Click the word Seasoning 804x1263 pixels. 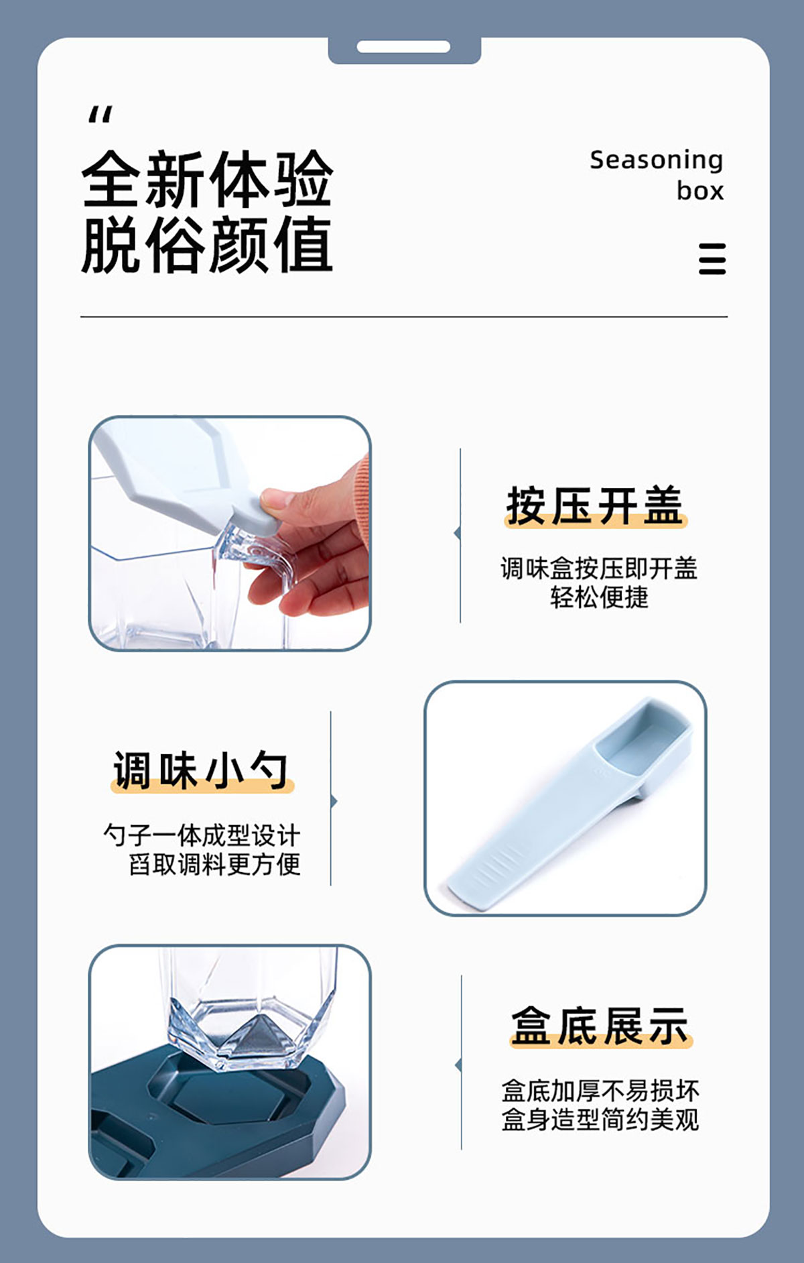tap(656, 161)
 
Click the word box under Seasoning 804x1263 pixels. tap(700, 191)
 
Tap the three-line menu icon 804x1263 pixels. tap(712, 259)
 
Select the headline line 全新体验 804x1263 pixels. tap(207, 179)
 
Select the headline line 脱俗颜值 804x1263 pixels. tap(207, 244)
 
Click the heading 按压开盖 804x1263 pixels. tap(595, 505)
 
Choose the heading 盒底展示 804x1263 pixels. tap(600, 1026)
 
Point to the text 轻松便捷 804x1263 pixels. tap(600, 597)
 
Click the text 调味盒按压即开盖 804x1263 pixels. tap(599, 568)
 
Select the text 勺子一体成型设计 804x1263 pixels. tap(202, 835)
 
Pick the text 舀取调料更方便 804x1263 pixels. tap(214, 864)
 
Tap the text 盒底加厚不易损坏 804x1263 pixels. tap(600, 1091)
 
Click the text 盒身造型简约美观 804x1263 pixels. tap(600, 1120)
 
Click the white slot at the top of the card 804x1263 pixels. tap(403, 46)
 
